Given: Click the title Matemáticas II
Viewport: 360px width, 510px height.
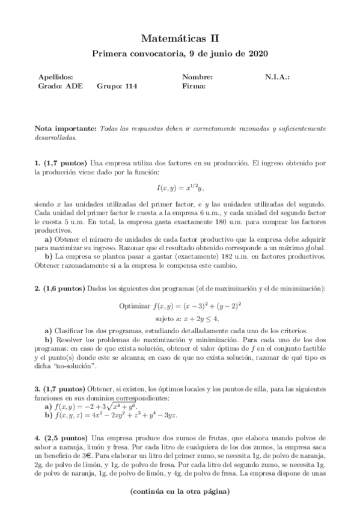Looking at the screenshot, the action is pos(180,38).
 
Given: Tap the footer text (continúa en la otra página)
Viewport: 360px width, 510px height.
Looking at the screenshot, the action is pos(180,491).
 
